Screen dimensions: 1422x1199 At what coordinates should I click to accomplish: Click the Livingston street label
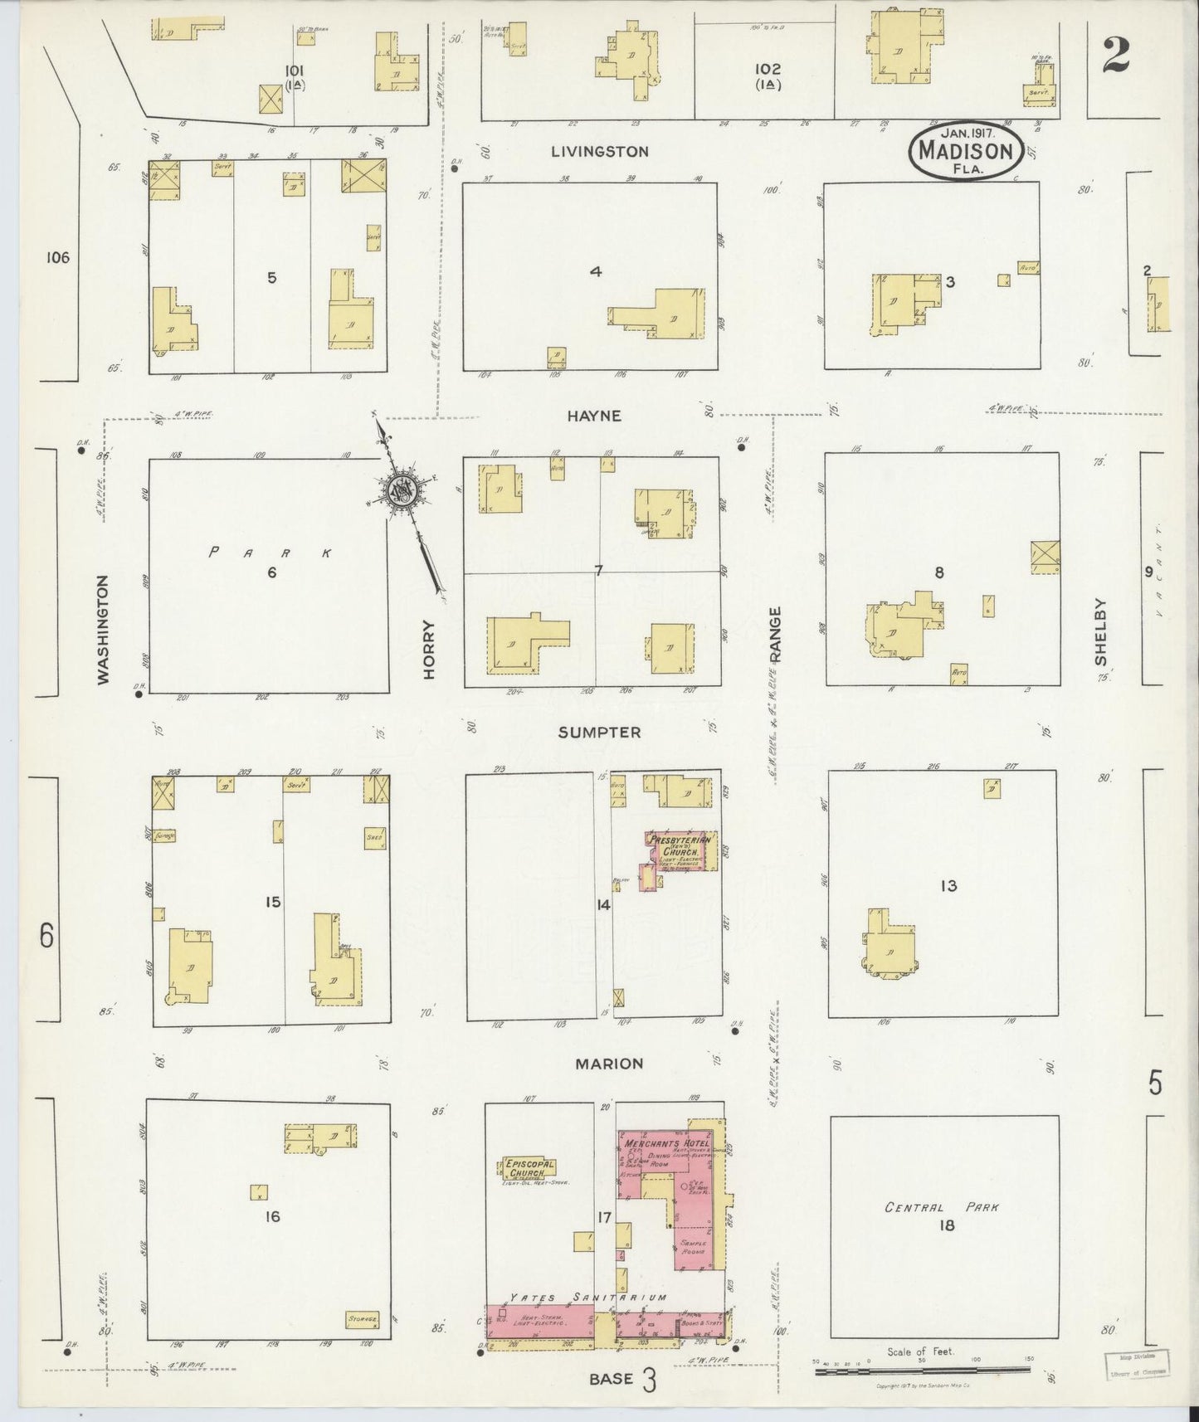point(598,152)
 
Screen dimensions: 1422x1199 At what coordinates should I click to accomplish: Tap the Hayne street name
point(594,416)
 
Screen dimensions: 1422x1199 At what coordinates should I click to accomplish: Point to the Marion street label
point(611,1064)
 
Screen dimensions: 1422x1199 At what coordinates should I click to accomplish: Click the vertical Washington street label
point(104,630)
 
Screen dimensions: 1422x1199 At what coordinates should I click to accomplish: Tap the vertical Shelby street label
point(1100,631)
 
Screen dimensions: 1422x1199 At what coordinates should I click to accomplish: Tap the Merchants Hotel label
point(656,1143)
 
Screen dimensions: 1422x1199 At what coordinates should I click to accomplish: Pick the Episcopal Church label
point(529,1169)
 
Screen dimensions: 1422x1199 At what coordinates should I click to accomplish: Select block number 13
point(948,885)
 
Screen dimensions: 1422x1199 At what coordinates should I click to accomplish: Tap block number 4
point(595,270)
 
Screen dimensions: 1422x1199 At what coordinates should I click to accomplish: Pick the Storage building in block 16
point(362,1318)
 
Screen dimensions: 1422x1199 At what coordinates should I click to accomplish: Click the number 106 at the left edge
point(57,258)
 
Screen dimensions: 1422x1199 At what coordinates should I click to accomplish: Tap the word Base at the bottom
point(612,1379)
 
